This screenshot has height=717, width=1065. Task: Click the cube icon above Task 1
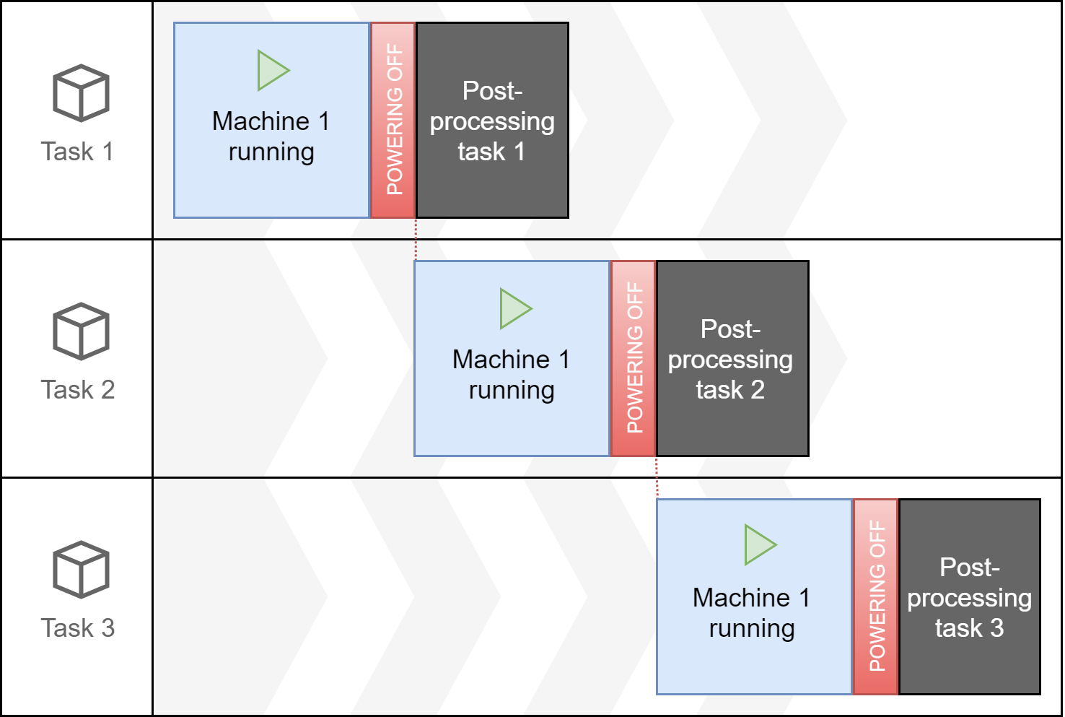pyautogui.click(x=81, y=93)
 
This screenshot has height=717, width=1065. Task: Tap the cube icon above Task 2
pyautogui.click(x=81, y=331)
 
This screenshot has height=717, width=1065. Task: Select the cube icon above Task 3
pyautogui.click(x=81, y=570)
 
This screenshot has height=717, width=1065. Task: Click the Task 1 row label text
pyautogui.click(x=77, y=152)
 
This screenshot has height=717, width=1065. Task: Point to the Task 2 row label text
pyautogui.click(x=77, y=390)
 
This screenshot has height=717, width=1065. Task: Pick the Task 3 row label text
pyautogui.click(x=77, y=628)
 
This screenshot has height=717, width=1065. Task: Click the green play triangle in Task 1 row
pyautogui.click(x=272, y=71)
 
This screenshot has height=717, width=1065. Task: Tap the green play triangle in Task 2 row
pyautogui.click(x=514, y=309)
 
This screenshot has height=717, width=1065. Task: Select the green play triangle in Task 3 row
pyautogui.click(x=759, y=545)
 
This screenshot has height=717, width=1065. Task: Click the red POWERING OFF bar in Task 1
pyautogui.click(x=393, y=120)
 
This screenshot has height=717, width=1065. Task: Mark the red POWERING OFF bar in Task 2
pyautogui.click(x=634, y=358)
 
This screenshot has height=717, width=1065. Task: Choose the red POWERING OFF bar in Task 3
pyautogui.click(x=876, y=596)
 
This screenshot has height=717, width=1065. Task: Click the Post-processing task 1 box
pyautogui.click(x=493, y=120)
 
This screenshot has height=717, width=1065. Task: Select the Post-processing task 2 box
pyautogui.click(x=732, y=358)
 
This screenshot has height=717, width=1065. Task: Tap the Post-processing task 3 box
pyautogui.click(x=970, y=596)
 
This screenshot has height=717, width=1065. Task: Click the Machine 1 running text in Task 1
pyautogui.click(x=271, y=136)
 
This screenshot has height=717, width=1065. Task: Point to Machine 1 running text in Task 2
pyautogui.click(x=512, y=375)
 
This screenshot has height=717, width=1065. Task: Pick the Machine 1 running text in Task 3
pyautogui.click(x=752, y=613)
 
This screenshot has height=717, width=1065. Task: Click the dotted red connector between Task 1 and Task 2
pyautogui.click(x=416, y=240)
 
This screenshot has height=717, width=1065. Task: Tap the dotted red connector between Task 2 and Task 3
pyautogui.click(x=657, y=478)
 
